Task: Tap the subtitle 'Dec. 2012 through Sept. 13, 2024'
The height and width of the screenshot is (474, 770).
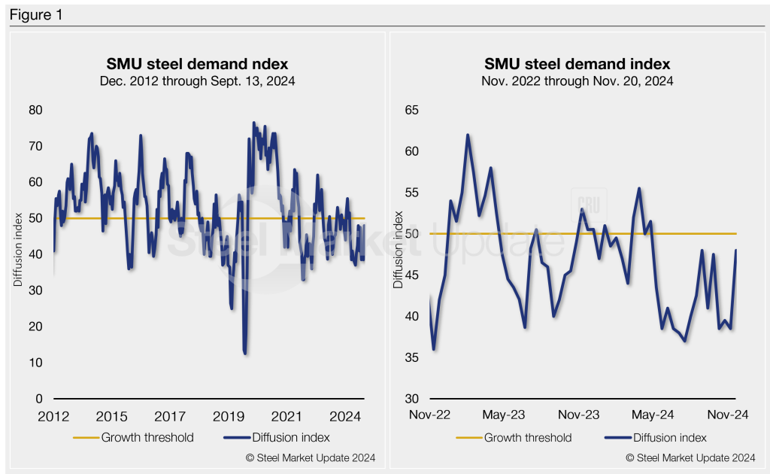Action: pyautogui.click(x=196, y=81)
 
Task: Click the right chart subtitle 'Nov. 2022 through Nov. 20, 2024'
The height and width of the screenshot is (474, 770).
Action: pyautogui.click(x=577, y=81)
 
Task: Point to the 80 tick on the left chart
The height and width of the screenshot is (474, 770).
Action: pyautogui.click(x=35, y=110)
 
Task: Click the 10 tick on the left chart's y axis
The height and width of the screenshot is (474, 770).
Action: pyautogui.click(x=35, y=363)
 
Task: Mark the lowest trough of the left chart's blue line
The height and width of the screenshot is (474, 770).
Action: pyautogui.click(x=245, y=353)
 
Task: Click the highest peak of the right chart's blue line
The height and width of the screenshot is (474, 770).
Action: pyautogui.click(x=468, y=135)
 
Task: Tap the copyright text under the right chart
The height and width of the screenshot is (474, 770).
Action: pyautogui.click(x=690, y=458)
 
